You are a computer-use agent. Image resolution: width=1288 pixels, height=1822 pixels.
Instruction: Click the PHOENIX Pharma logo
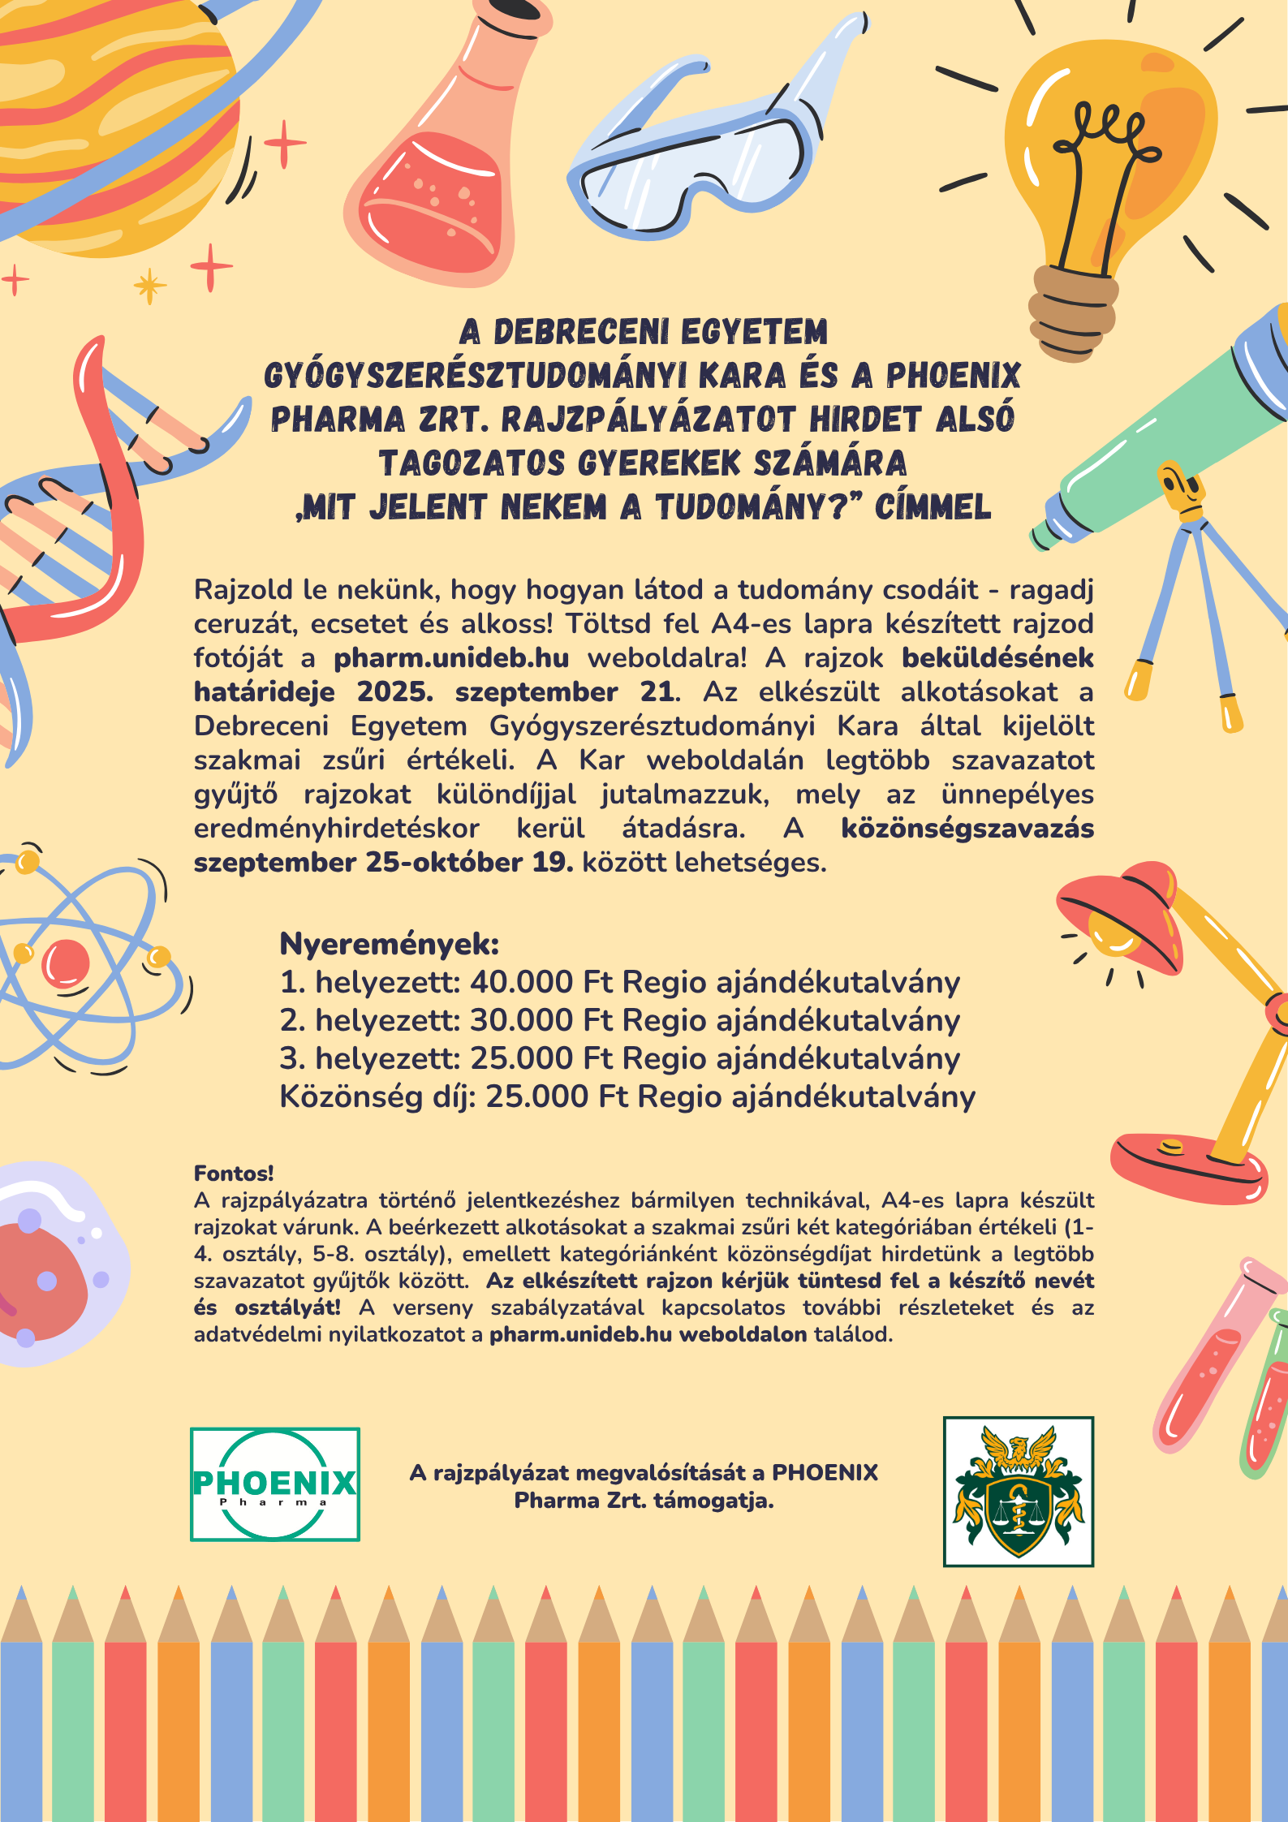pyautogui.click(x=274, y=1484)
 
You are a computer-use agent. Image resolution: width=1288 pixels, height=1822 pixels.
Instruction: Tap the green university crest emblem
pyautogui.click(x=1018, y=1492)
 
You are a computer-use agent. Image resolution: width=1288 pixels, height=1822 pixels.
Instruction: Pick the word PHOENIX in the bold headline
pyautogui.click(x=953, y=376)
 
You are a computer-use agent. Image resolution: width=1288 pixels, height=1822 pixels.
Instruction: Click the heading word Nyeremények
pyautogui.click(x=389, y=944)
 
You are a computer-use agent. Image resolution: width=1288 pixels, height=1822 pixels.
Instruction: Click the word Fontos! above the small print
pyautogui.click(x=234, y=1173)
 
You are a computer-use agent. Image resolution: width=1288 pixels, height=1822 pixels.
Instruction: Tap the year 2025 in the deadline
pyautogui.click(x=394, y=691)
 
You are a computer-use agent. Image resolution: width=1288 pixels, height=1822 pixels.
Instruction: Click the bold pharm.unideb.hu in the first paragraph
pyautogui.click(x=451, y=657)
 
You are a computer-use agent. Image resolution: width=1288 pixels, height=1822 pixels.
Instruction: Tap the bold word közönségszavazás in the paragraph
pyautogui.click(x=967, y=828)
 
